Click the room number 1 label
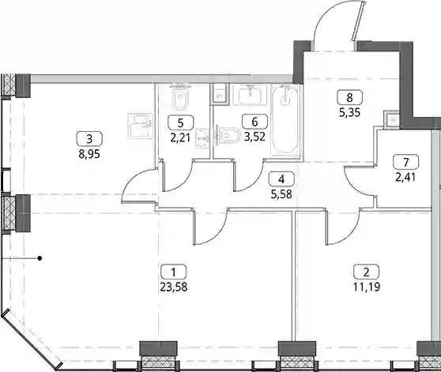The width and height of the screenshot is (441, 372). (x=174, y=272)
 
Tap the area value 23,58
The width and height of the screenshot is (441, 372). (x=174, y=287)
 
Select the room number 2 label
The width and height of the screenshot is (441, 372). (x=366, y=272)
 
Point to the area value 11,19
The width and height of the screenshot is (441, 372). (x=367, y=287)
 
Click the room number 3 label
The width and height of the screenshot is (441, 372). (x=89, y=139)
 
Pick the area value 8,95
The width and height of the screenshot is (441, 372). (x=89, y=154)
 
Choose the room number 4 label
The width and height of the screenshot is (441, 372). (x=281, y=178)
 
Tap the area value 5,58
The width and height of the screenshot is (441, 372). (x=281, y=194)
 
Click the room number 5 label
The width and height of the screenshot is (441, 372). (x=181, y=122)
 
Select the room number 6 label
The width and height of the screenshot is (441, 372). (x=254, y=122)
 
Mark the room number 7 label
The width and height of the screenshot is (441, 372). (x=406, y=162)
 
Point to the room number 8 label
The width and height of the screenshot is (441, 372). (x=349, y=97)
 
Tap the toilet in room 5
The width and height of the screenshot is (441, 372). (x=181, y=100)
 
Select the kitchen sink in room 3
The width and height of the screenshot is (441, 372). (x=140, y=126)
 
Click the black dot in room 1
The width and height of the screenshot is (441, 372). (x=40, y=258)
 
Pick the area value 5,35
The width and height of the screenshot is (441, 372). (x=349, y=113)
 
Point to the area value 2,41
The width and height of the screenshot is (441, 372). (x=405, y=177)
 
